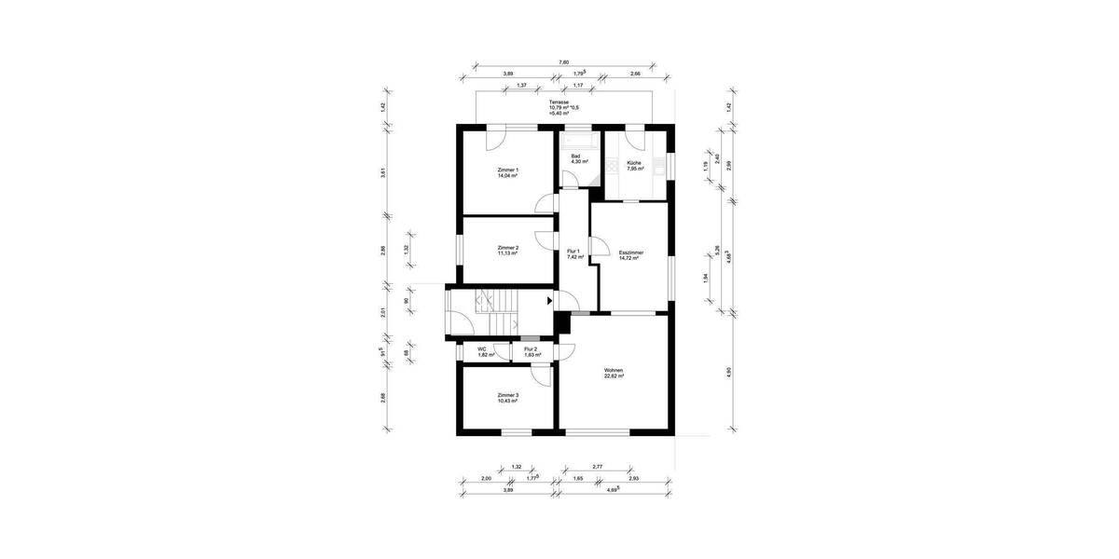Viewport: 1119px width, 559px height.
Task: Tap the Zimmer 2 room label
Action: click(x=507, y=250)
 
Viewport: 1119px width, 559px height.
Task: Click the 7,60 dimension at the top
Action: click(x=563, y=62)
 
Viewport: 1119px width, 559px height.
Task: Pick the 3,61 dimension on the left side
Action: click(x=383, y=170)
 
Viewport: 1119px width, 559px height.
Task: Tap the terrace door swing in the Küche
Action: click(x=636, y=141)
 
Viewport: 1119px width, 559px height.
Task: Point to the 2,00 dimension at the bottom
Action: click(x=486, y=478)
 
